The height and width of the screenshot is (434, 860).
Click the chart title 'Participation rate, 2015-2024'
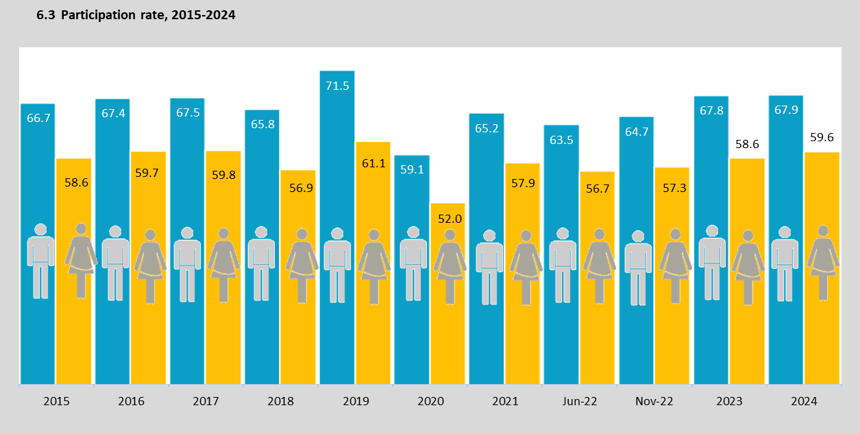point(136,15)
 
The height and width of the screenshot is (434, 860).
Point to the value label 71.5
point(337,86)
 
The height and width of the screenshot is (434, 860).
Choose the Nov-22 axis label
point(654,402)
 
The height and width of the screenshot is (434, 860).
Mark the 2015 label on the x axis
point(56,402)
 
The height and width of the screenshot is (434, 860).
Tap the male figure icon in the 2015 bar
point(40,261)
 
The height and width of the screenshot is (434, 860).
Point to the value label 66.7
point(38,118)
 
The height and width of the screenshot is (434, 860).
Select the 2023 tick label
point(729,402)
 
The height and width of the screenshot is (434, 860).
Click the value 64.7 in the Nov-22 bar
point(637,132)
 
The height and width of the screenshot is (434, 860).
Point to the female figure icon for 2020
point(450,266)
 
